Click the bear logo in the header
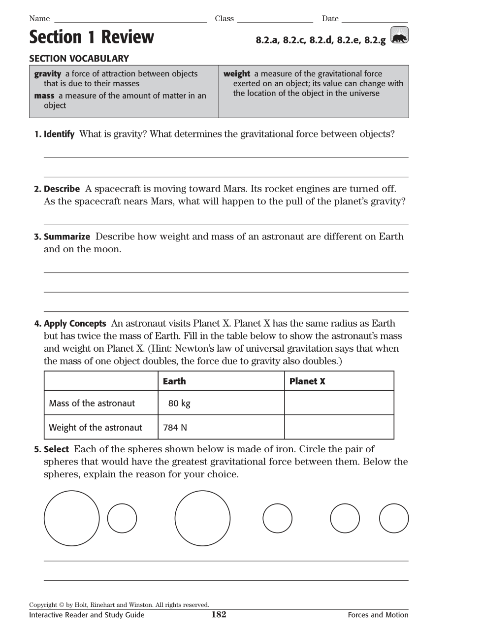point(399,36)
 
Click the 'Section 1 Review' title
point(92,37)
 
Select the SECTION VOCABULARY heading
point(79,59)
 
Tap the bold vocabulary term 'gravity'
point(48,74)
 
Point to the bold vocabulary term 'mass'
point(44,96)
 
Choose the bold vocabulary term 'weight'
point(237,74)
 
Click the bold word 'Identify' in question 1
point(59,134)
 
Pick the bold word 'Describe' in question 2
point(62,189)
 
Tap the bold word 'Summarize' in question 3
point(67,237)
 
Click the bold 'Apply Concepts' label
point(75,324)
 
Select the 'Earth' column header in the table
point(174,381)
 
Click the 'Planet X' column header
point(307,381)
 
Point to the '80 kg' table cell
point(179,403)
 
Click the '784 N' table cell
point(175,428)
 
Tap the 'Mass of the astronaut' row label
point(92,403)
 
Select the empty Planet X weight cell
point(339,427)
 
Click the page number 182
point(219,614)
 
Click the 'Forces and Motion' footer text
point(378,615)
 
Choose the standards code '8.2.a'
point(267,40)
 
